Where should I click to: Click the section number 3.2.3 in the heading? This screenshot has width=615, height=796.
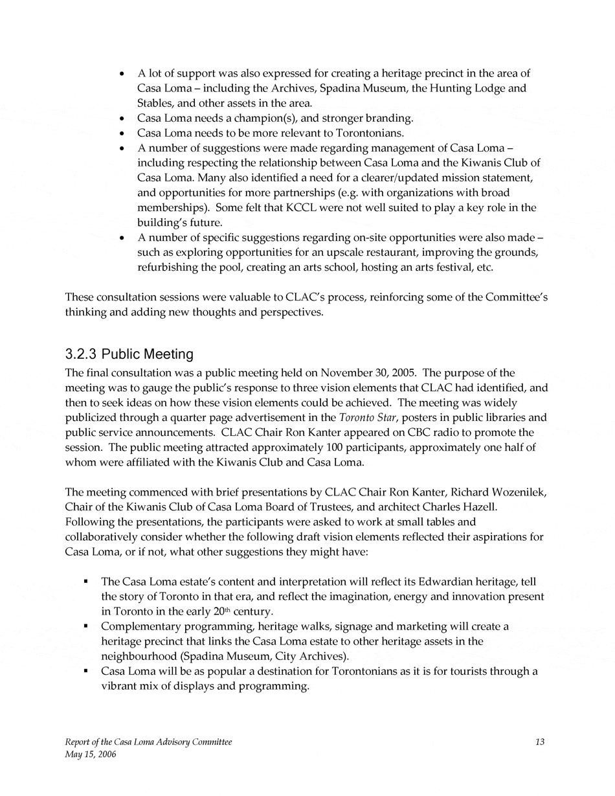click(x=82, y=354)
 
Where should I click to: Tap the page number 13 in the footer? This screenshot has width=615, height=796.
click(x=540, y=742)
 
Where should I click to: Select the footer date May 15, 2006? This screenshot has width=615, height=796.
click(x=91, y=755)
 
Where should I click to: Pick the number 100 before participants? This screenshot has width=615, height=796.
click(x=287, y=448)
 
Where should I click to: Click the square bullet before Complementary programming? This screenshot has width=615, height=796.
click(x=85, y=626)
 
